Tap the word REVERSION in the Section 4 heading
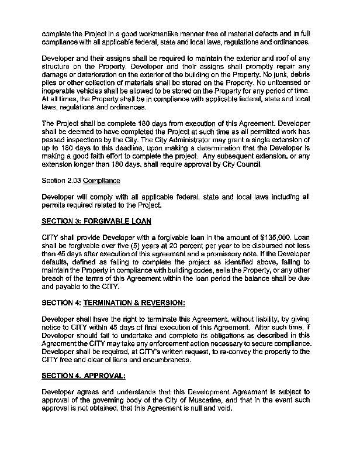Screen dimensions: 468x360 pos(161,303)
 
